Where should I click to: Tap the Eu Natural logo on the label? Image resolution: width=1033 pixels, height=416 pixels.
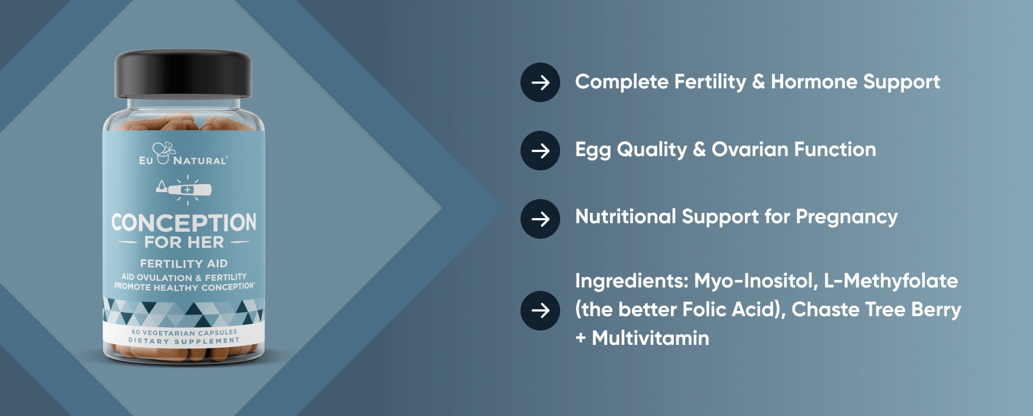[x=183, y=154]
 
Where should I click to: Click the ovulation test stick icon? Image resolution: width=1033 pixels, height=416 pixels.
[x=184, y=189]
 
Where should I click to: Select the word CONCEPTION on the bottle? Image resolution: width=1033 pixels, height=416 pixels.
[x=184, y=223]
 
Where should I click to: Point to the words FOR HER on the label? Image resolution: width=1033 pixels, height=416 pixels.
[x=184, y=242]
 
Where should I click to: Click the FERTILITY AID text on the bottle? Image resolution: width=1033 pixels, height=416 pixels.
[x=184, y=263]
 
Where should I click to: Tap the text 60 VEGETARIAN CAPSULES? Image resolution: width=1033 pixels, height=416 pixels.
[x=184, y=332]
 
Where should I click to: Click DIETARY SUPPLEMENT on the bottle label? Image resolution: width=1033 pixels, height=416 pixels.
[x=184, y=341]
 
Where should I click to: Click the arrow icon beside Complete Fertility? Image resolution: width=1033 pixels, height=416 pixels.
[x=540, y=83]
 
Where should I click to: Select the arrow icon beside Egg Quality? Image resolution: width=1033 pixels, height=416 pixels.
[x=540, y=150]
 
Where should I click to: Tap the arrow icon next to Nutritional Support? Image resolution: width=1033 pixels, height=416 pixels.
[x=540, y=219]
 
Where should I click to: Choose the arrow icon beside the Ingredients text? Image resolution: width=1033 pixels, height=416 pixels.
[x=540, y=310]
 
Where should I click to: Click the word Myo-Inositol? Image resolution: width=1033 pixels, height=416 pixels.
[x=756, y=281]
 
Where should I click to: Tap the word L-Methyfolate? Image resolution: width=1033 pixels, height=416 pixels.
[x=891, y=281]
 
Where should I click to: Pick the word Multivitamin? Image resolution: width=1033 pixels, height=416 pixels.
[x=650, y=338]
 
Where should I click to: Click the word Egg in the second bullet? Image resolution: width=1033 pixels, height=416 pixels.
[x=593, y=150]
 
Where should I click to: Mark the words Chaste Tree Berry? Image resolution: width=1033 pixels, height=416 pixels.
[x=876, y=310]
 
